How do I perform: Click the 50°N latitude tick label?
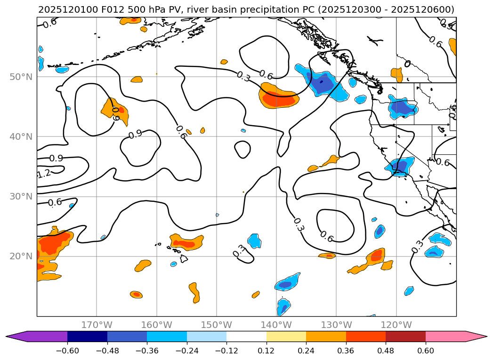coord(20,77)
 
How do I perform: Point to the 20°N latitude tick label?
coord(20,256)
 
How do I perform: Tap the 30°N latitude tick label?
coord(20,196)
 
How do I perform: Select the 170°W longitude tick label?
coord(97,325)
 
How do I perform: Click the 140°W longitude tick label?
coord(276,325)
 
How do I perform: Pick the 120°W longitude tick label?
coord(396,325)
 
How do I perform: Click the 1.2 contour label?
coord(43,174)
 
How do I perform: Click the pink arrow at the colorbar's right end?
coord(476,336)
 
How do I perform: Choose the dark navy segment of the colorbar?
coord(87,336)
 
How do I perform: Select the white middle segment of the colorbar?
coord(246,336)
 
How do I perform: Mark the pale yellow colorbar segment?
coord(286,336)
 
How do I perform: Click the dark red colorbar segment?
coord(405,336)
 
